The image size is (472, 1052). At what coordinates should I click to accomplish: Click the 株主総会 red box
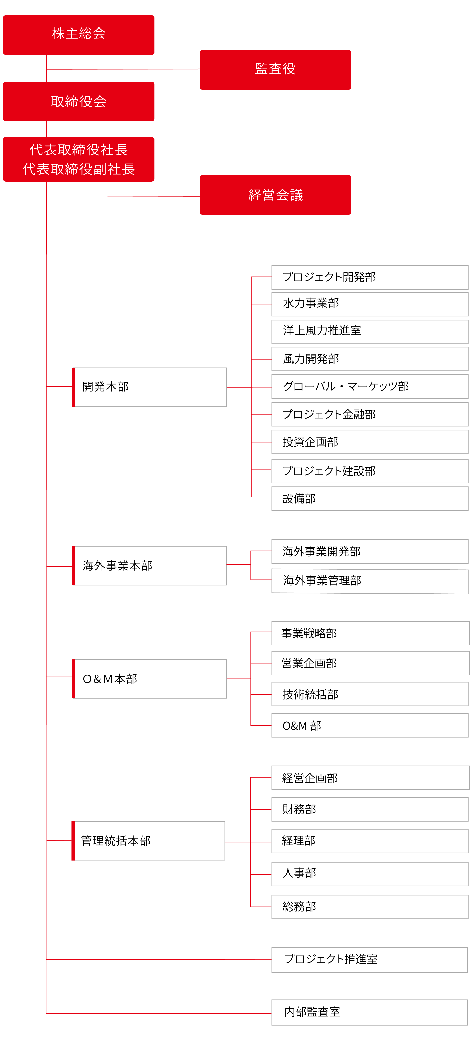click(79, 35)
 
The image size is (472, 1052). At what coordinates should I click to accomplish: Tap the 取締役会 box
click(79, 101)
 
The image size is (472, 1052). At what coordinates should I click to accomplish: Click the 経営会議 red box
click(275, 195)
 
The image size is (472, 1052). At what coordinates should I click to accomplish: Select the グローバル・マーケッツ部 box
click(369, 386)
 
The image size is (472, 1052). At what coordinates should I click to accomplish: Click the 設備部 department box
click(369, 499)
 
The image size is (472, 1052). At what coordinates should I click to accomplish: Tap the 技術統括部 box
click(369, 694)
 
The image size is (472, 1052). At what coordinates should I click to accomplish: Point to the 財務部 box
click(369, 809)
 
